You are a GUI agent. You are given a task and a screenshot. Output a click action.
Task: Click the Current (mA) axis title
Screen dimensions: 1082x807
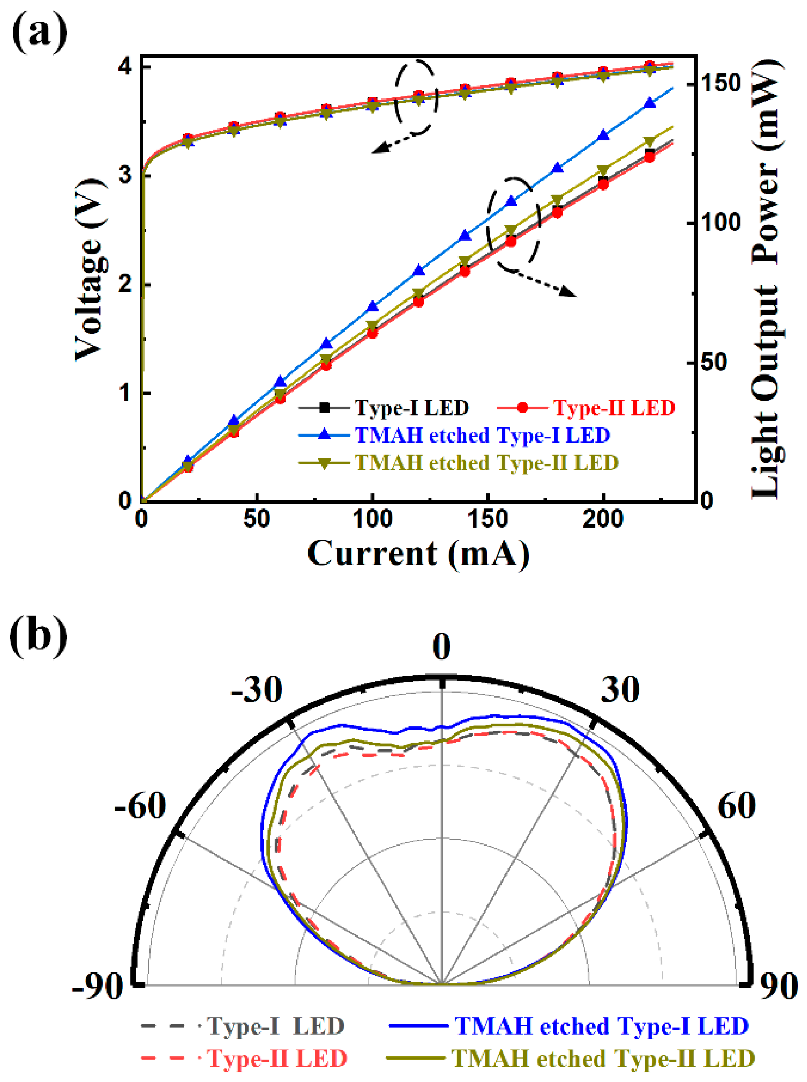418,554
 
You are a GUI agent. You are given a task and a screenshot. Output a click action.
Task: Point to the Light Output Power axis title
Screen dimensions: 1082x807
766,279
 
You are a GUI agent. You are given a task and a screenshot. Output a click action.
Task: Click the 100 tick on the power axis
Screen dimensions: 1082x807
720,222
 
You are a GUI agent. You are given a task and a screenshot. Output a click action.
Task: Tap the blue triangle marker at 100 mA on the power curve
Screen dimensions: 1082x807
373,306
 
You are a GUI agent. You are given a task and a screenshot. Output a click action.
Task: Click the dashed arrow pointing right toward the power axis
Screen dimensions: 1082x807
542,283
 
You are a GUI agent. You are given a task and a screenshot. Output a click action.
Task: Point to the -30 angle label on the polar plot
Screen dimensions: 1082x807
256,690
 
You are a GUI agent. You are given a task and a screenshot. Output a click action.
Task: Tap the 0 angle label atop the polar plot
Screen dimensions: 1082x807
442,646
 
